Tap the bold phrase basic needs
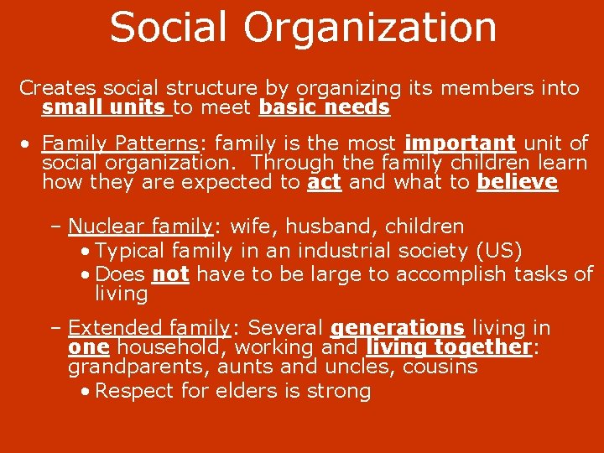(325, 107)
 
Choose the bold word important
(459, 143)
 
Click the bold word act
(324, 182)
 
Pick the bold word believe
(517, 182)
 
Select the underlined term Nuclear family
(140, 226)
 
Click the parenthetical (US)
(498, 250)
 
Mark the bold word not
(169, 274)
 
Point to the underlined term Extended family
(148, 328)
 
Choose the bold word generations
(398, 328)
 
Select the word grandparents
(139, 367)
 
